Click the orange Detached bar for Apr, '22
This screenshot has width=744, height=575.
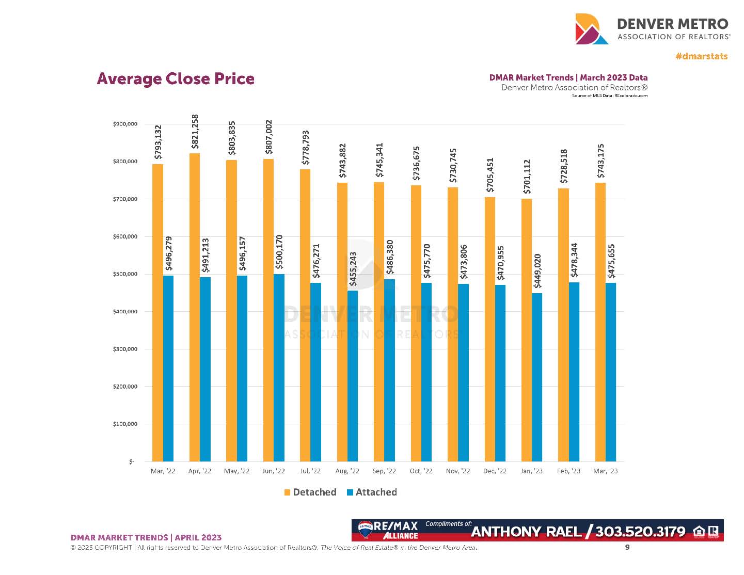click(x=195, y=307)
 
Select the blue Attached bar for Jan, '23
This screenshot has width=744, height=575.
click(x=537, y=377)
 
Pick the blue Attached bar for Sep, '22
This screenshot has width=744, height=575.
click(x=390, y=370)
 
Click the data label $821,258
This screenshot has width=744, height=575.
click(x=195, y=132)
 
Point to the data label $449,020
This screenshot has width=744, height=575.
click(x=537, y=271)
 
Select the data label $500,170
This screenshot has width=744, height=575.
click(x=279, y=251)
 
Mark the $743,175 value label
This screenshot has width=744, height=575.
click(x=600, y=161)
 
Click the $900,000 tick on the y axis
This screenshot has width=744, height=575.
click(x=125, y=124)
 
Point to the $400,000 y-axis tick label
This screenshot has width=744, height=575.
click(x=125, y=312)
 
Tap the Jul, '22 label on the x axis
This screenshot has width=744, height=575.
click(x=310, y=471)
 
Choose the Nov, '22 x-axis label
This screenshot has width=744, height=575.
click(x=458, y=471)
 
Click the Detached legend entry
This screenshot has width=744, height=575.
click(x=310, y=492)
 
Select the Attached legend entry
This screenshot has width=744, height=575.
click(x=372, y=492)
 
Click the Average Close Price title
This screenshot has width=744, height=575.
click(x=176, y=79)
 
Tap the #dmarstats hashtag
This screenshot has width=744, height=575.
click(x=701, y=56)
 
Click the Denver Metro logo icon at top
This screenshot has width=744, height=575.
click(x=592, y=29)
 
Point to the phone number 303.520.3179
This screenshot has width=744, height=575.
click(x=640, y=532)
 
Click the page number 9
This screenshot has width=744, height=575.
click(x=627, y=547)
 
